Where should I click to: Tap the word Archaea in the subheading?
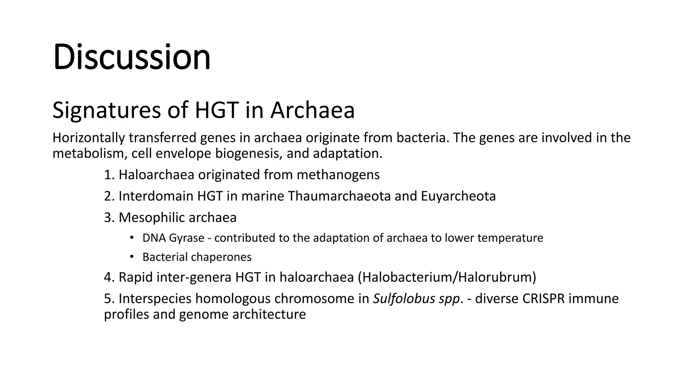coord(313,110)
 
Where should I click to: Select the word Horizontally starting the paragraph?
coord(88,138)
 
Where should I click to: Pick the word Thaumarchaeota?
coord(339,196)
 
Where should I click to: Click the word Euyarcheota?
coord(458,196)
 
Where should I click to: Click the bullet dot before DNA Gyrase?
coord(132,238)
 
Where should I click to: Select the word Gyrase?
coord(187,238)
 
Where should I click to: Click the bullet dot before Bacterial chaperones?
coord(132,257)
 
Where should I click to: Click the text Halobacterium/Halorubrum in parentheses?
coord(447,277)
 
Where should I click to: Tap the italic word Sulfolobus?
coord(399,299)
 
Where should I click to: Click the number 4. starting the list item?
coord(110,277)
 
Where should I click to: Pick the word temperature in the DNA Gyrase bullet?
coord(510,238)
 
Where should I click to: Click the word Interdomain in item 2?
coord(156,196)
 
